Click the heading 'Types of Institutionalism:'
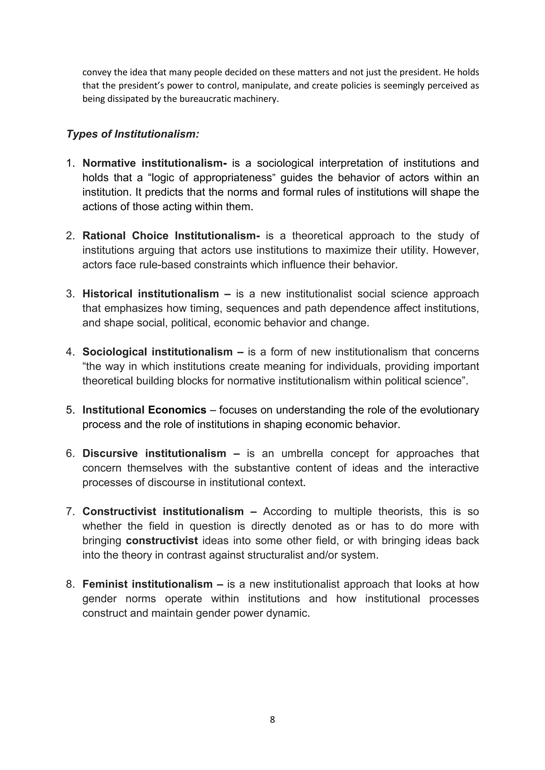[133, 134]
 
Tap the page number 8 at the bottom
[272, 720]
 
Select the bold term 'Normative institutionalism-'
[155, 163]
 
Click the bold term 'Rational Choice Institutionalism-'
[171, 236]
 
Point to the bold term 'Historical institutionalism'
[151, 294]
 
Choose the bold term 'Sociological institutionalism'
[157, 352]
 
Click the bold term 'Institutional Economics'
[144, 410]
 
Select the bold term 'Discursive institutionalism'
[154, 453]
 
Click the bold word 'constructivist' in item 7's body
[162, 541]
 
